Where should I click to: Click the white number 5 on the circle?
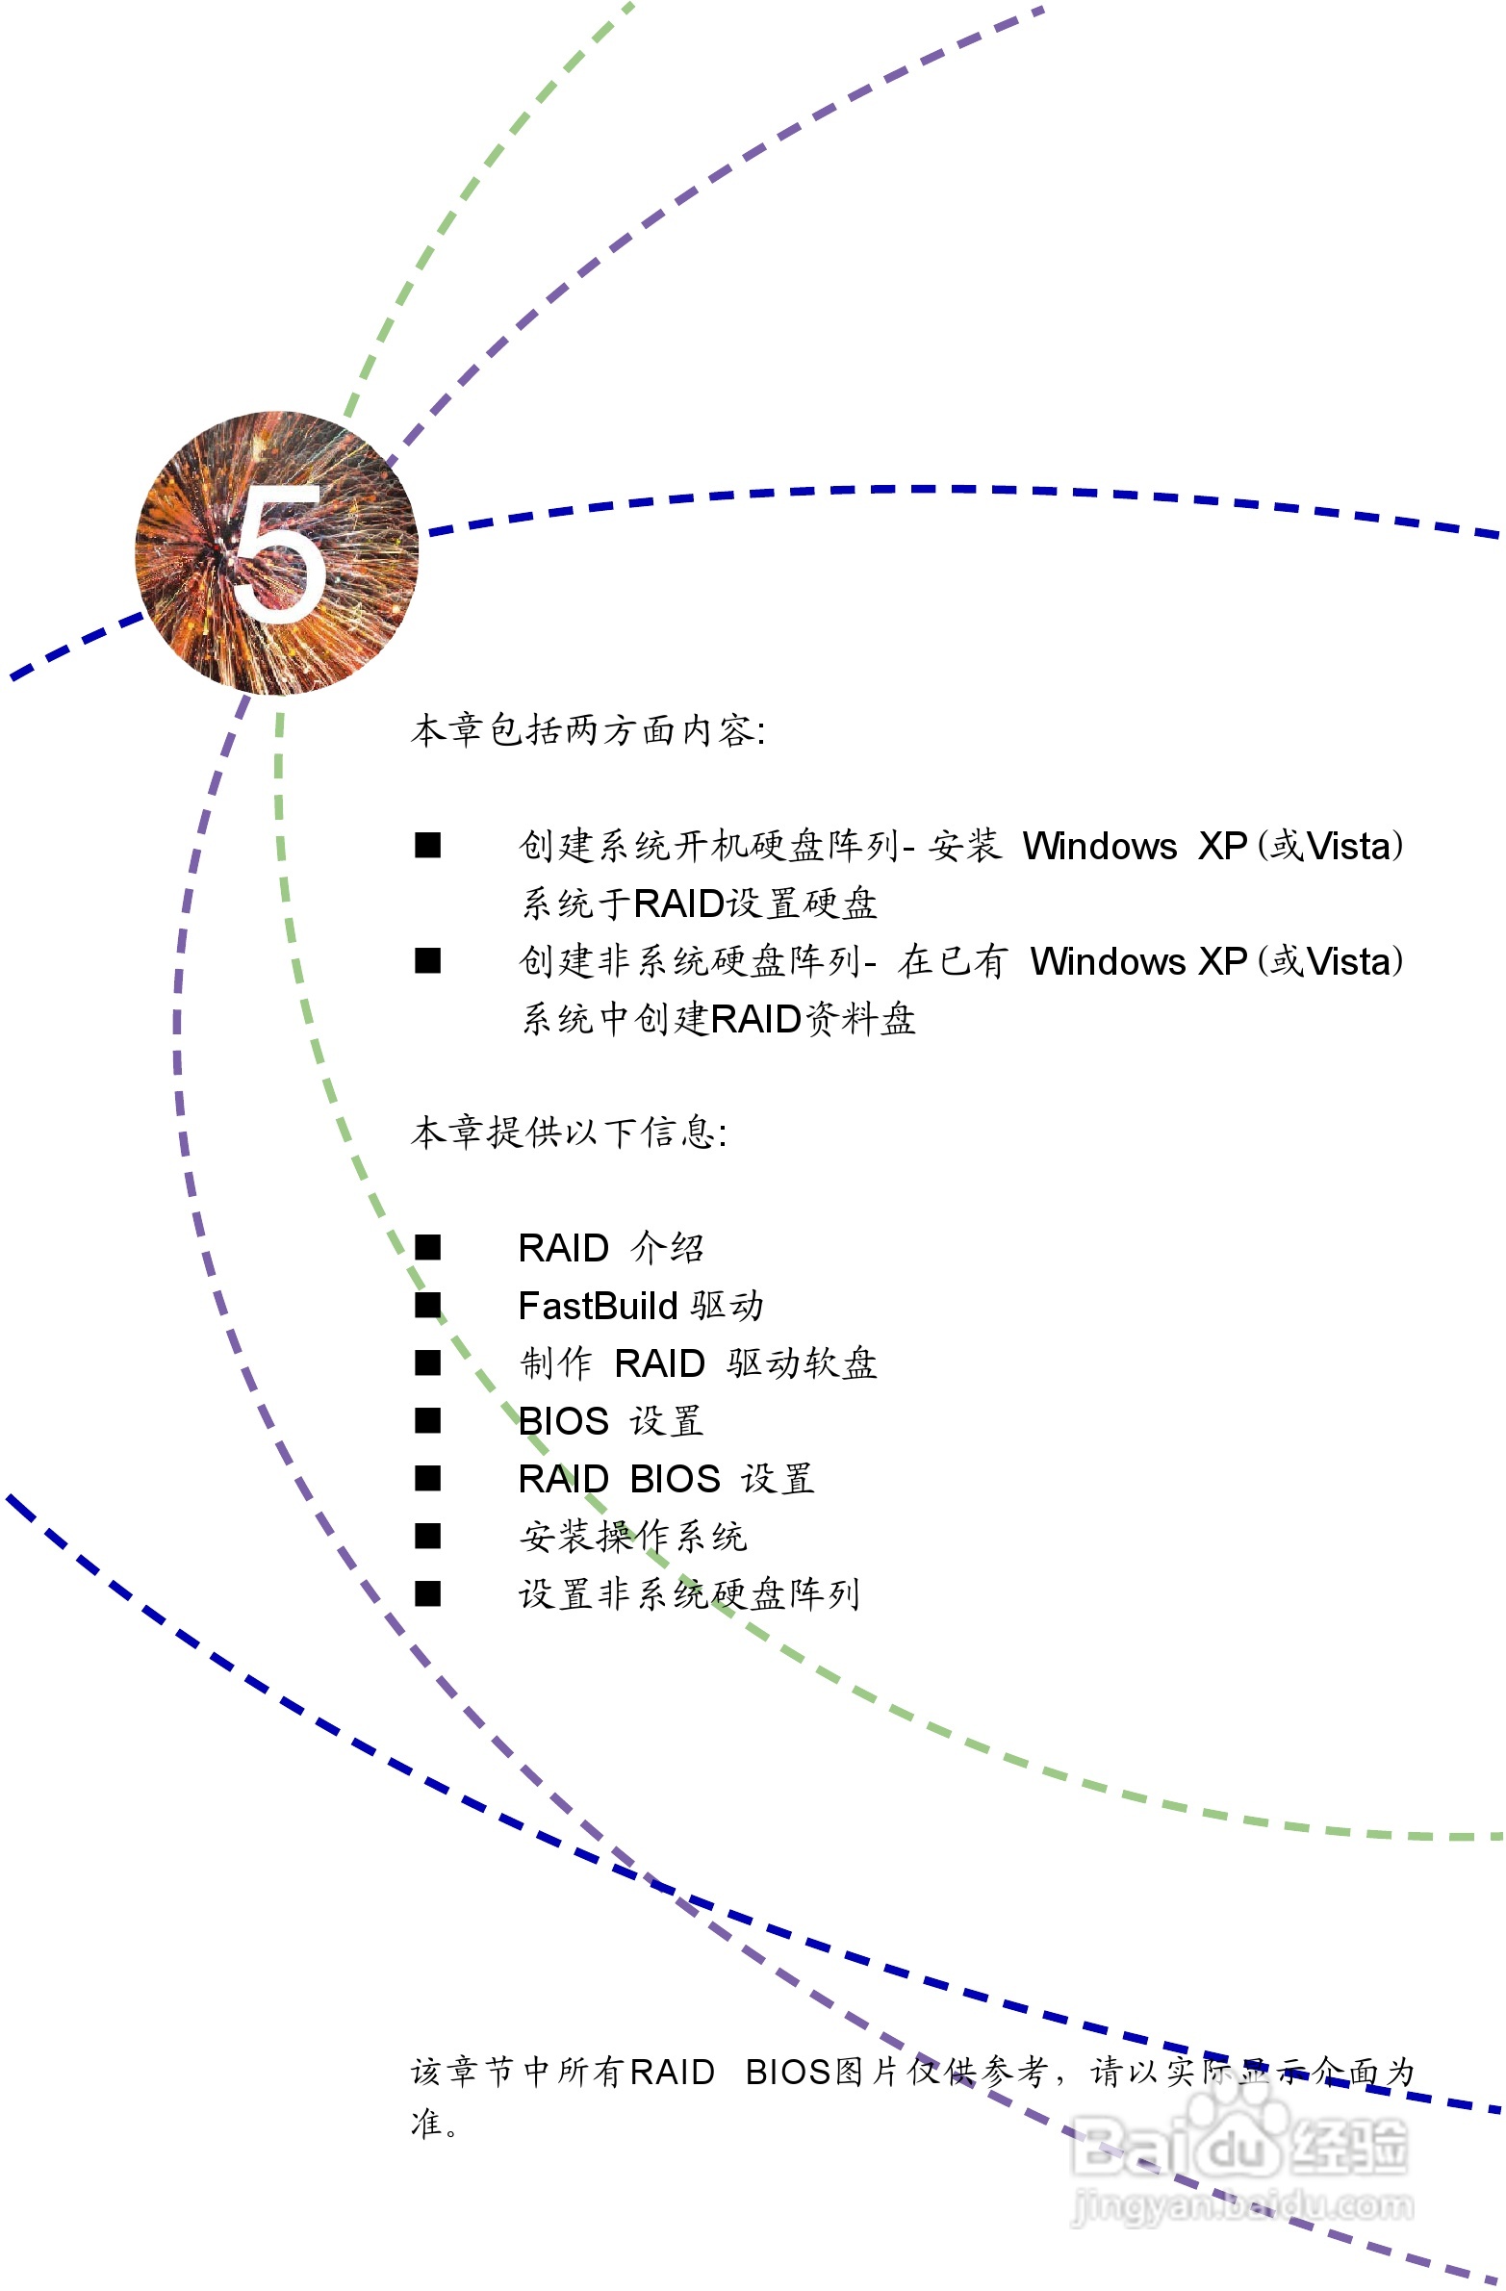tap(279, 553)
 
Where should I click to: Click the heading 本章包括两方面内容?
tap(587, 730)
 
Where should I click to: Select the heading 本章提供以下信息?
tap(568, 1132)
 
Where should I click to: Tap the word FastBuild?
tap(597, 1307)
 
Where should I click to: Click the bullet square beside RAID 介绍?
tap(427, 1249)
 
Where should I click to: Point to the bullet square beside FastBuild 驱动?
tap(427, 1307)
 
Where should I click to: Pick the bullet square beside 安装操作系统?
tap(427, 1537)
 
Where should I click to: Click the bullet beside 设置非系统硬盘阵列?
tap(427, 1594)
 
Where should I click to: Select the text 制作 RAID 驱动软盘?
tap(697, 1364)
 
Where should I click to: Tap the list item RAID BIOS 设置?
tap(665, 1479)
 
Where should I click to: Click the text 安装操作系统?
tap(632, 1537)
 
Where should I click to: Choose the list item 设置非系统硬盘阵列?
tap(688, 1594)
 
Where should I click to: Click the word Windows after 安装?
tap(1099, 846)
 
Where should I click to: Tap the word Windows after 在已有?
tap(1108, 961)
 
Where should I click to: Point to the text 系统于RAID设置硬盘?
tap(699, 904)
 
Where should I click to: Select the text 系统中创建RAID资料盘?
tap(718, 1019)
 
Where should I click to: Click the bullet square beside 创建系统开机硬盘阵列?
tap(427, 846)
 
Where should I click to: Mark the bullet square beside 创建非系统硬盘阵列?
tap(427, 961)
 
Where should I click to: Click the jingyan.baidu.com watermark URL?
tap(1242, 2204)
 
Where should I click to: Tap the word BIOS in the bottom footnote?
tap(789, 2073)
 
